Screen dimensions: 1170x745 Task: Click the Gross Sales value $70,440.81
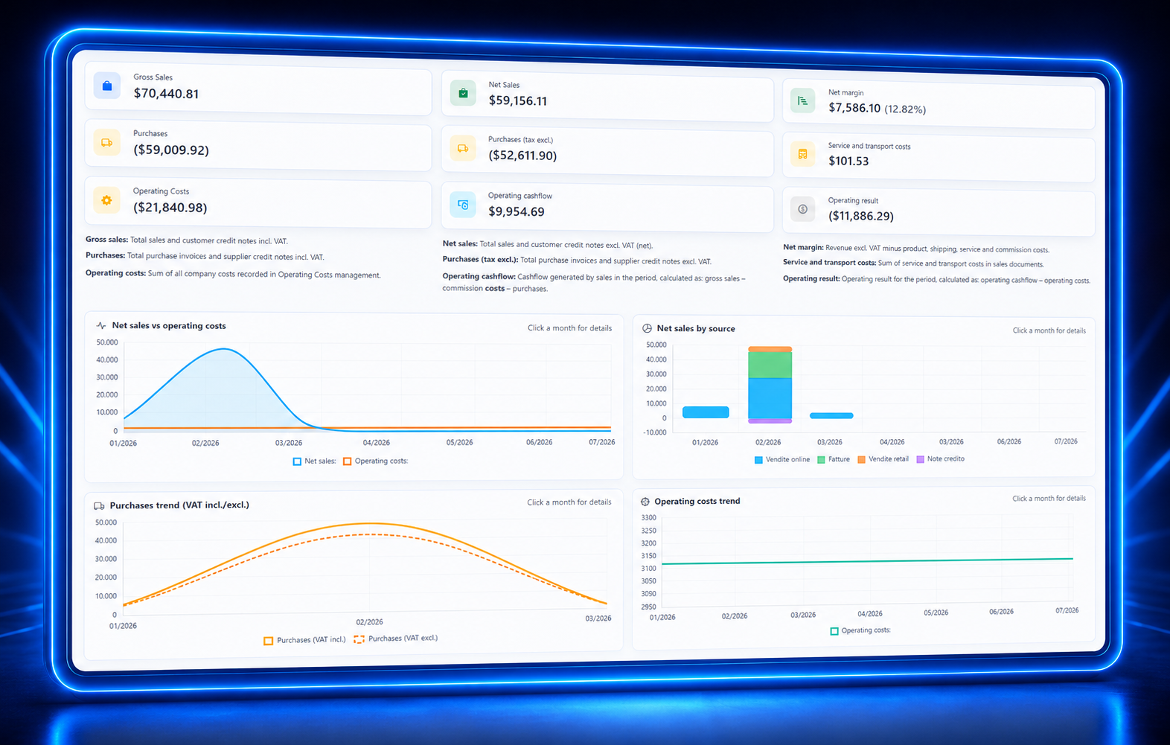(x=166, y=94)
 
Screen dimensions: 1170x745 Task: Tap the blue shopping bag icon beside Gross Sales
(x=107, y=86)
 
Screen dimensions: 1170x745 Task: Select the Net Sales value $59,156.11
(x=517, y=100)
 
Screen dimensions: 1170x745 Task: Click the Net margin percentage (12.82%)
(x=905, y=109)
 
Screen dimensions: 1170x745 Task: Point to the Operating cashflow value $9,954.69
(x=516, y=211)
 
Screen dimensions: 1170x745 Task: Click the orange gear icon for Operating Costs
(x=106, y=200)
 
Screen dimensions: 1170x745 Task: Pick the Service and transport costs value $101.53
(x=848, y=161)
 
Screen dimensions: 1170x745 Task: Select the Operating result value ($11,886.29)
(x=861, y=216)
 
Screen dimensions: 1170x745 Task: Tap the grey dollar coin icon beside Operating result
(x=803, y=209)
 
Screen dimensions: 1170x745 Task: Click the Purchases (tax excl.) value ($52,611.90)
(x=522, y=155)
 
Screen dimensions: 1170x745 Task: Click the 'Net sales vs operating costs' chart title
(x=169, y=325)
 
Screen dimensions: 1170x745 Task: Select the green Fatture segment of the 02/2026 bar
(x=770, y=365)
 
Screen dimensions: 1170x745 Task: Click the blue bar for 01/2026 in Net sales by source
(x=706, y=412)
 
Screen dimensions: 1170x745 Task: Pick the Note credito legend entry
(x=941, y=458)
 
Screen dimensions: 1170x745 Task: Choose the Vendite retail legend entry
(x=883, y=459)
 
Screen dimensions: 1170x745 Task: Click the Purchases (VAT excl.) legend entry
(x=396, y=639)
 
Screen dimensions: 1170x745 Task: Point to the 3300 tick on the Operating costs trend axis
(x=649, y=517)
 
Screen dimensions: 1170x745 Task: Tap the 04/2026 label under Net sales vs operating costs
(x=376, y=443)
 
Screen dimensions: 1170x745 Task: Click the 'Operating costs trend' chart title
(x=697, y=501)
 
